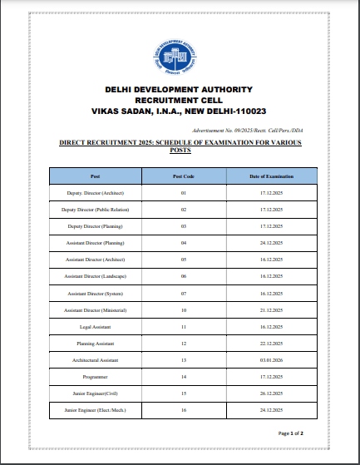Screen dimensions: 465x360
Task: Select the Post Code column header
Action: (183, 176)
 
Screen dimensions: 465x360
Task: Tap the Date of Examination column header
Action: (272, 176)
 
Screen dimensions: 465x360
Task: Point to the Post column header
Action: (95, 176)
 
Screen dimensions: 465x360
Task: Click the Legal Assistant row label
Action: (95, 328)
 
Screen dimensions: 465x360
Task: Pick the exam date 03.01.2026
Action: (272, 360)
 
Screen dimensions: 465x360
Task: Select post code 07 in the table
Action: (183, 294)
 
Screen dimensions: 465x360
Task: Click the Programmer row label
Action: (95, 377)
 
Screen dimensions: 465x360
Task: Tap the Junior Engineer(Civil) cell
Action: (95, 393)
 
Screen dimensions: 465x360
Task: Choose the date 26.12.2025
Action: (272, 393)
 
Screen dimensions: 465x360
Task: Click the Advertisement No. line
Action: (246, 131)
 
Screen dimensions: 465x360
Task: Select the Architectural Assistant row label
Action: (95, 360)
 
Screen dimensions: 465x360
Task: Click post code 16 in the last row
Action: (183, 410)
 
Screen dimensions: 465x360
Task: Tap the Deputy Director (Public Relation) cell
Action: (95, 210)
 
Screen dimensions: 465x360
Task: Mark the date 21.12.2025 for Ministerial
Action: (272, 310)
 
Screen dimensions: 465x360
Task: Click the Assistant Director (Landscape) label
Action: (95, 276)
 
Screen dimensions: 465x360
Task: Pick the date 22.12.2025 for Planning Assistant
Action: (272, 344)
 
